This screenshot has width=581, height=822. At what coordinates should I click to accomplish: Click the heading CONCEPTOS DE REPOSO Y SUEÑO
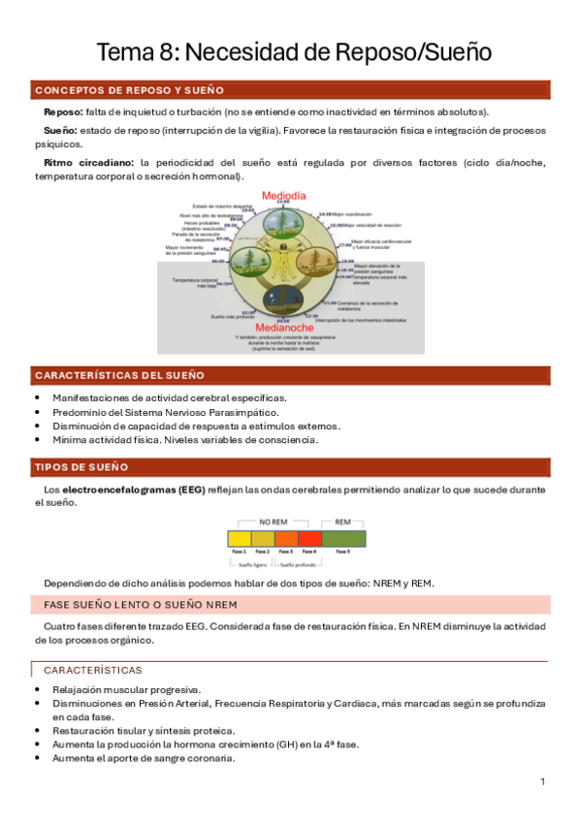[x=129, y=90]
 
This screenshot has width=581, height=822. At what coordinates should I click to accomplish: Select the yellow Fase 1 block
[x=238, y=538]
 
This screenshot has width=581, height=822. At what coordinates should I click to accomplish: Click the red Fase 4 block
[x=308, y=538]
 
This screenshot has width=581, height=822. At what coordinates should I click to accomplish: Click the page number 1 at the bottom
[x=543, y=781]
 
